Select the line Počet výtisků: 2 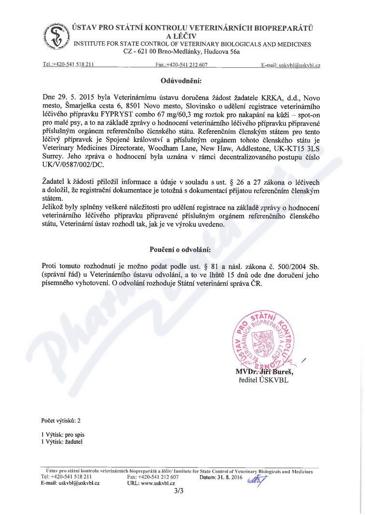click(61, 420)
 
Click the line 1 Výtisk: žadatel click(62, 441)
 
